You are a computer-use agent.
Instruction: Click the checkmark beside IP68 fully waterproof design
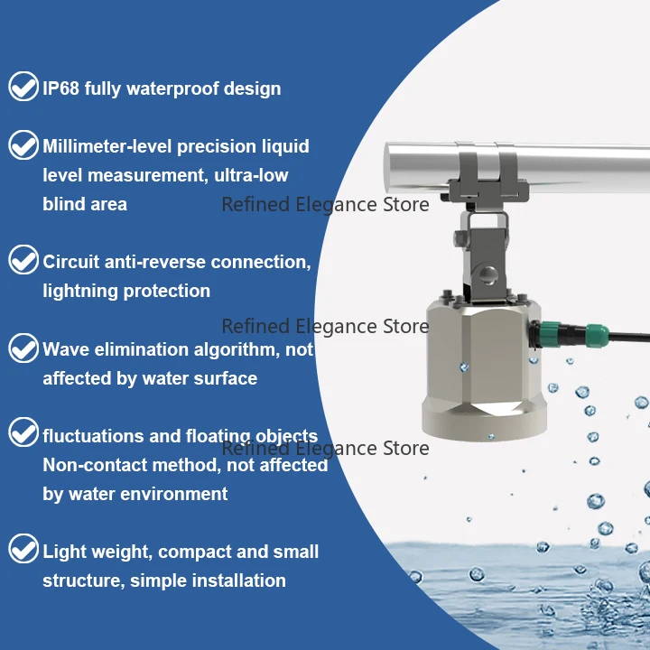coord(23,88)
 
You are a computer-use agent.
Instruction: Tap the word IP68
coord(63,88)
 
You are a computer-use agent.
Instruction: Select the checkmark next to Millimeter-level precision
coord(23,145)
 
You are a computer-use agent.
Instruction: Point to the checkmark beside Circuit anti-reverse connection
coord(23,261)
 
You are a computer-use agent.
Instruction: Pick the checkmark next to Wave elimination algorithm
coord(23,348)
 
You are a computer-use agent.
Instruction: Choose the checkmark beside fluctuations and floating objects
coord(23,434)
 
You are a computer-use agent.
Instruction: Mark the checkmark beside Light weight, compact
coord(23,550)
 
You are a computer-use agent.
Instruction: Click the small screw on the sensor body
coord(463,366)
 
